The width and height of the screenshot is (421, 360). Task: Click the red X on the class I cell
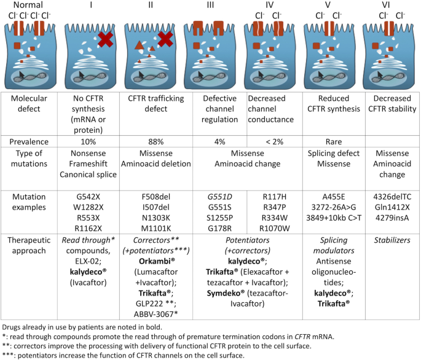[106, 39]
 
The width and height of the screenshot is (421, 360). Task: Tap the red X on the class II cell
[165, 39]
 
